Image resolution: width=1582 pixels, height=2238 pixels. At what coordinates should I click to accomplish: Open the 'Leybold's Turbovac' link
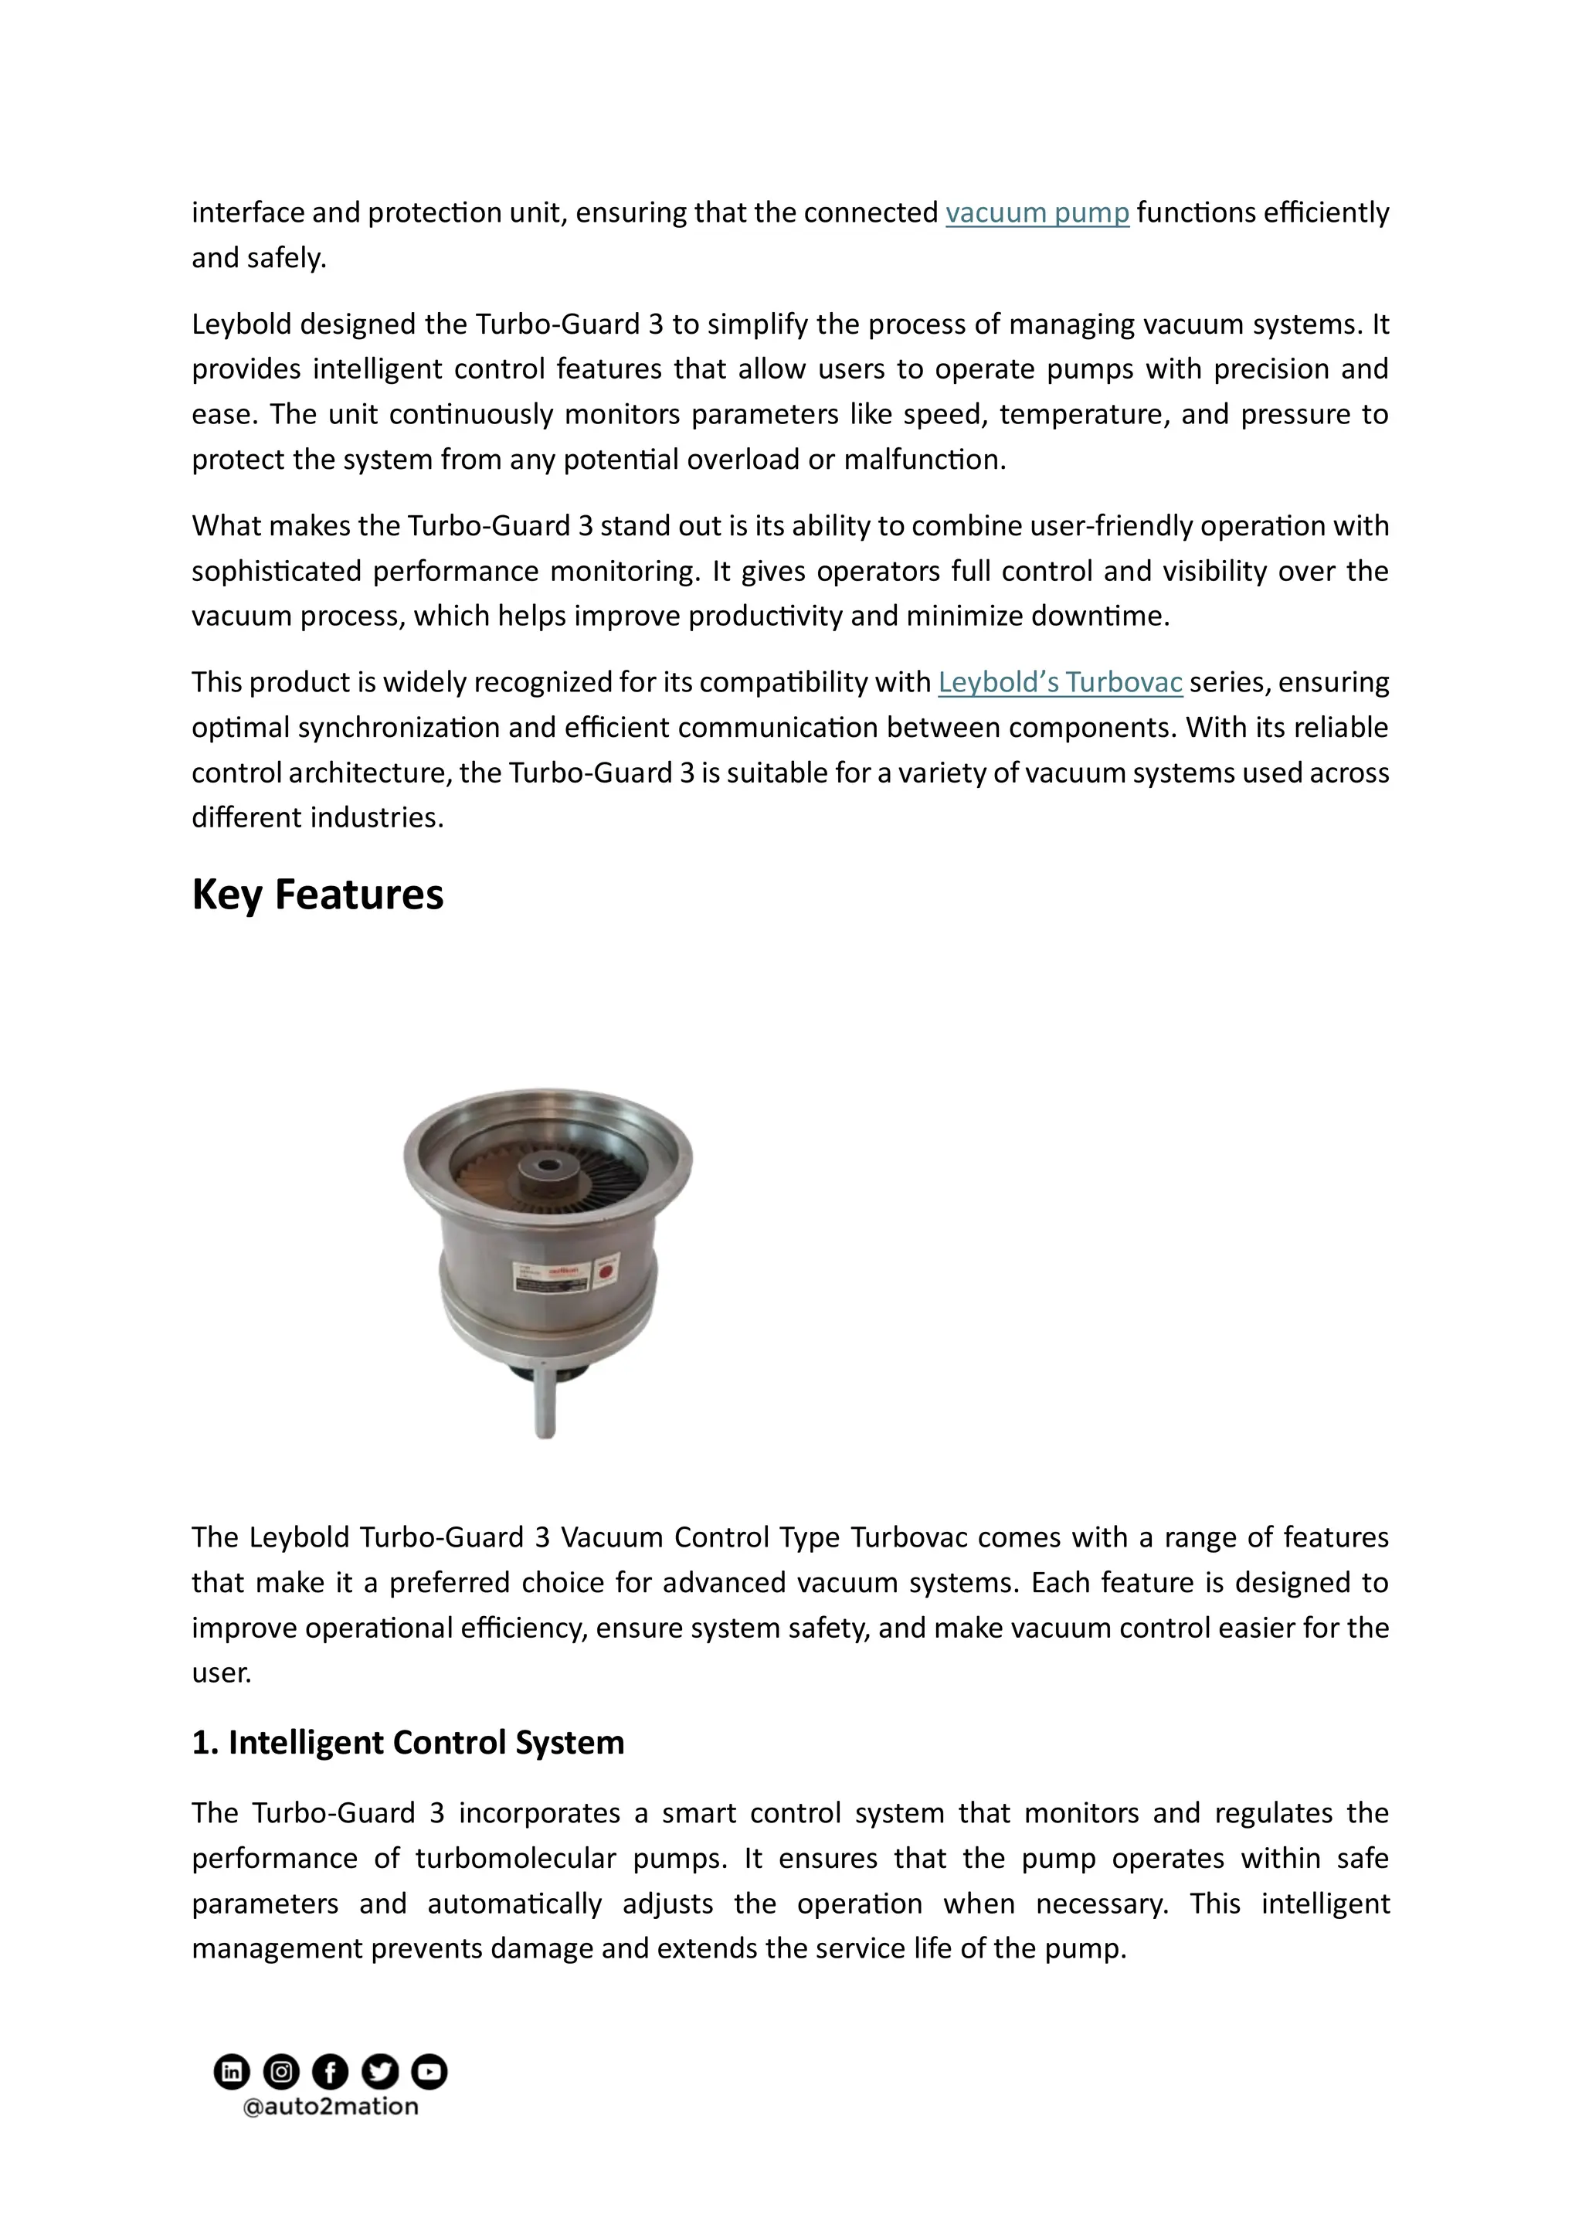pos(1060,682)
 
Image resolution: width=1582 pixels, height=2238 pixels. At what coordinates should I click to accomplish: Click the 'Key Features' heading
pos(317,894)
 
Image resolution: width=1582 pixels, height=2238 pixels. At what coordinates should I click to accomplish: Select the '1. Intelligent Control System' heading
pos(407,1742)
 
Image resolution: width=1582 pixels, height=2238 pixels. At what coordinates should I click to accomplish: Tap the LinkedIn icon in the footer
pos(231,2071)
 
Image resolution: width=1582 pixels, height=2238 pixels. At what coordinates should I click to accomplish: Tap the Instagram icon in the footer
pos(280,2071)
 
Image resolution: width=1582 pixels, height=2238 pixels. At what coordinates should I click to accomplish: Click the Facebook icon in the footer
pos(331,2071)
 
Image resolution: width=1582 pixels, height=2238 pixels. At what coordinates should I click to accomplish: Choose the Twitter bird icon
pos(379,2071)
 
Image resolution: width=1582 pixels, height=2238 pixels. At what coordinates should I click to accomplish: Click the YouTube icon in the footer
pos(429,2071)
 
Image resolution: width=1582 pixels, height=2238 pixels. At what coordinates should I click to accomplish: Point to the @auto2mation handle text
pos(331,2107)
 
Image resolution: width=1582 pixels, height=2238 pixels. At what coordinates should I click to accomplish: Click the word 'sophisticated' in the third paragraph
pos(276,571)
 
